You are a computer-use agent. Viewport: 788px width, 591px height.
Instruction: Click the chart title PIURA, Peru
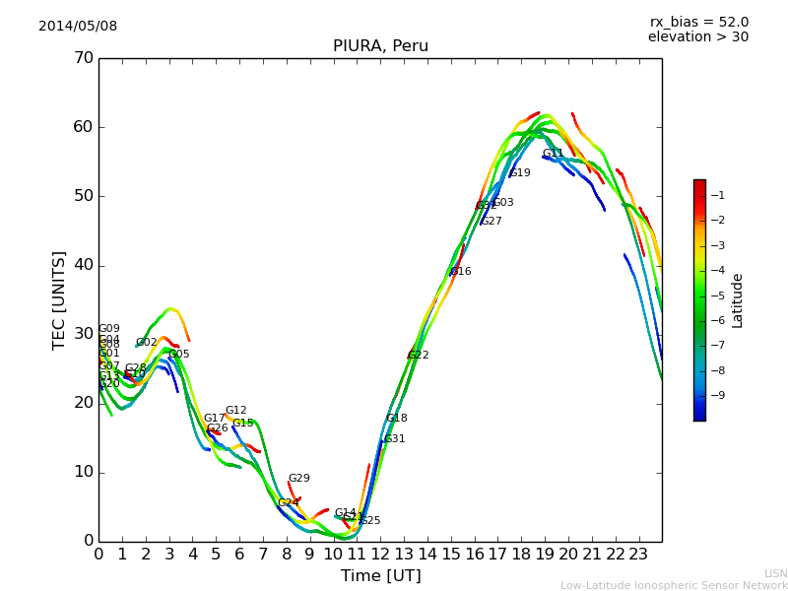[x=380, y=46]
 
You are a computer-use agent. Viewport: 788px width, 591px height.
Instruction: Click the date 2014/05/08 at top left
[x=78, y=26]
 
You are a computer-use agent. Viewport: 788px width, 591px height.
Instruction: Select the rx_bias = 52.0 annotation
[x=698, y=22]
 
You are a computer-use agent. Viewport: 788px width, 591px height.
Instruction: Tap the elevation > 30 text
[x=697, y=37]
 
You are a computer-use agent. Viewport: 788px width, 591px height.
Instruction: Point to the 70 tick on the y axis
[x=84, y=58]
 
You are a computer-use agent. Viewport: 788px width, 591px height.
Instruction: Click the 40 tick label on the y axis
[x=84, y=265]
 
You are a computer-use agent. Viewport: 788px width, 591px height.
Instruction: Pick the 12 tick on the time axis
[x=380, y=554]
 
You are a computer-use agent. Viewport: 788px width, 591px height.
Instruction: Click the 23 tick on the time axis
[x=638, y=554]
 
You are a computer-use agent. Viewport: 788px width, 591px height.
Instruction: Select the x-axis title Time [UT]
[x=380, y=575]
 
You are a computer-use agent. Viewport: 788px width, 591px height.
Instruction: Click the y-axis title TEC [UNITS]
[x=59, y=299]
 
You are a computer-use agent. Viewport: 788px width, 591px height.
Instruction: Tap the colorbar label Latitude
[x=738, y=299]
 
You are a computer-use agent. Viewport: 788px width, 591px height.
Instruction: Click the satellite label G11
[x=554, y=154]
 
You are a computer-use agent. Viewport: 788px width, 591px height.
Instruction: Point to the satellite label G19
[x=520, y=173]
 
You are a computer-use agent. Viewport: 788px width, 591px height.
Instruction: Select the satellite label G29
[x=299, y=479]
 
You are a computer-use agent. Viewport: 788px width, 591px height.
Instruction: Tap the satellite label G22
[x=419, y=356]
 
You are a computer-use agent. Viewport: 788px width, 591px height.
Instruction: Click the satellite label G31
[x=395, y=439]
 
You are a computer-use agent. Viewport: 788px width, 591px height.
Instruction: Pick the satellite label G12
[x=236, y=411]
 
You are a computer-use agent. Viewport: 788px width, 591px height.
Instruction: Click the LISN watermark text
[x=775, y=573]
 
